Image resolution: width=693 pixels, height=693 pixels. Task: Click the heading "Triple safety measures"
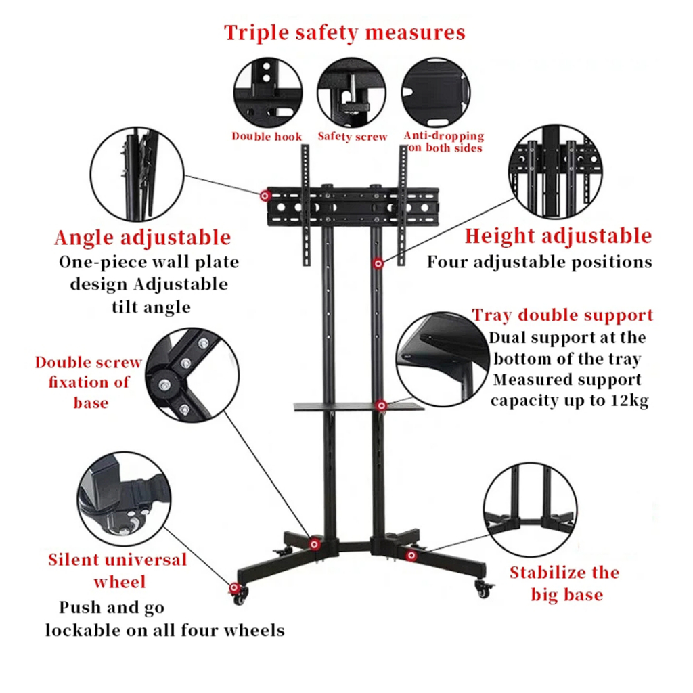pyautogui.click(x=345, y=32)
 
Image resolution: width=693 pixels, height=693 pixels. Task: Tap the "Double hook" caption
pyautogui.click(x=267, y=137)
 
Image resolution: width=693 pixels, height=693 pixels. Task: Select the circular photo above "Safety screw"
pyautogui.click(x=351, y=91)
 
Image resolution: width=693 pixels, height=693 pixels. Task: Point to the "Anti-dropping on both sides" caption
pyautogui.click(x=444, y=141)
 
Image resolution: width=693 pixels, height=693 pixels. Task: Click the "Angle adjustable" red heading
pyautogui.click(x=142, y=238)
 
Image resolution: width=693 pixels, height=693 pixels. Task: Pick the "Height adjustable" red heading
pyautogui.click(x=558, y=236)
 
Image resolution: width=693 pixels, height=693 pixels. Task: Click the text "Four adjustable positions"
pyautogui.click(x=539, y=262)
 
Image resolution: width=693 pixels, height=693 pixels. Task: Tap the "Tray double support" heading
pyautogui.click(x=562, y=315)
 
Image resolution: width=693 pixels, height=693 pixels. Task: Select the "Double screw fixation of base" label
pyautogui.click(x=89, y=382)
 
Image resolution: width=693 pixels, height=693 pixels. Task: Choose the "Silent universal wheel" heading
pyautogui.click(x=118, y=571)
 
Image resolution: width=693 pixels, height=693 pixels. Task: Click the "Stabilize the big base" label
pyautogui.click(x=565, y=583)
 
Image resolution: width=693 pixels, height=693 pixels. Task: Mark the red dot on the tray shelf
pyautogui.click(x=382, y=405)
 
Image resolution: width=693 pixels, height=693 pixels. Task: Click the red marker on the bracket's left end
pyautogui.click(x=264, y=196)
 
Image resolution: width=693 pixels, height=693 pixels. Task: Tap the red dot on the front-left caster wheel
pyautogui.click(x=235, y=588)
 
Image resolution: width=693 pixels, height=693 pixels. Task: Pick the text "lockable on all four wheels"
pyautogui.click(x=164, y=630)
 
